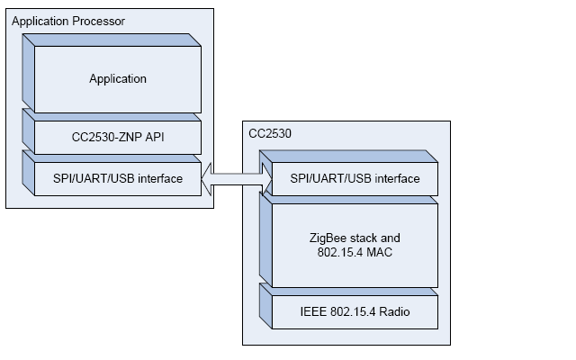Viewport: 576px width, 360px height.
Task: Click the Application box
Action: point(117,78)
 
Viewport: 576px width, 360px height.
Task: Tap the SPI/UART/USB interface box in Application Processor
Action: point(117,178)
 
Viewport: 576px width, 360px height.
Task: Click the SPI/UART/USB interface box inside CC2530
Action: point(355,178)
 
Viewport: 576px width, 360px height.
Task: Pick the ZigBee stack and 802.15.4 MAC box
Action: point(355,244)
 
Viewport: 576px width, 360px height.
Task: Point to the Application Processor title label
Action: point(68,20)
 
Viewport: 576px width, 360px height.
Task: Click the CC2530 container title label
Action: point(267,133)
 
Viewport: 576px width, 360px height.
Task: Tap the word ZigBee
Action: point(326,237)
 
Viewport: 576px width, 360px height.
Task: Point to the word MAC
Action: point(378,252)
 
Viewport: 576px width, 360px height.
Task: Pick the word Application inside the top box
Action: point(117,78)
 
